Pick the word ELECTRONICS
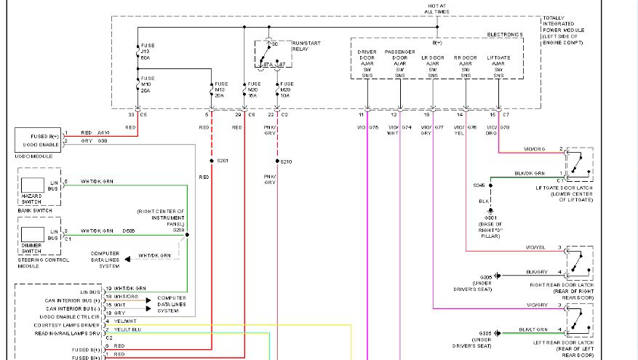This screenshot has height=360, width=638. click(x=505, y=34)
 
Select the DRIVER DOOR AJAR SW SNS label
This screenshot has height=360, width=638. click(x=367, y=63)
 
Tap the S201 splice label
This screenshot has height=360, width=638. click(x=223, y=160)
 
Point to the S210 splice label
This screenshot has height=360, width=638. click(x=286, y=161)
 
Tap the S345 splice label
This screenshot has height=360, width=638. click(x=479, y=185)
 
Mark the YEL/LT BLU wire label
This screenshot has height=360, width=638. click(x=128, y=329)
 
